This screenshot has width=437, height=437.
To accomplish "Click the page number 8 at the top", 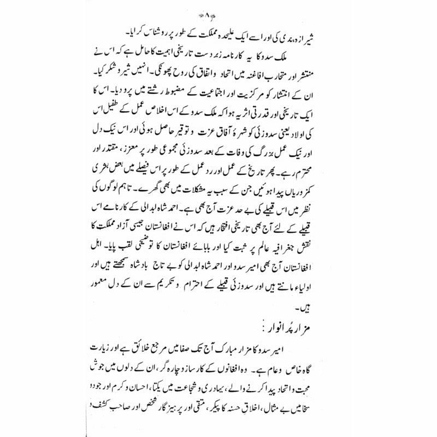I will [x=219, y=9].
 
